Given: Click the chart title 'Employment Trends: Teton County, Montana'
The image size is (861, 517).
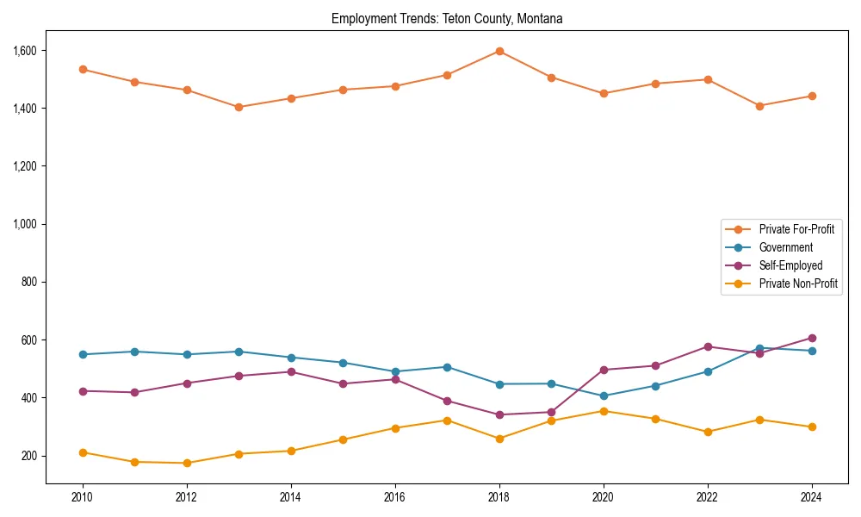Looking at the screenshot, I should click(447, 19).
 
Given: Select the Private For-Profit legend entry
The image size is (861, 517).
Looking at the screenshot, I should click(796, 229).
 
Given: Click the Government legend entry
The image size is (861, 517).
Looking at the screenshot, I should click(785, 247).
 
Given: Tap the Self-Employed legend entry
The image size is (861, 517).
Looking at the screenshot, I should click(790, 265).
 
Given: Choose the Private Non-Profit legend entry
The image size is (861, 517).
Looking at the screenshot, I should click(798, 283).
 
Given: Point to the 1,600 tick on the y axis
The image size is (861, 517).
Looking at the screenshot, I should click(25, 51).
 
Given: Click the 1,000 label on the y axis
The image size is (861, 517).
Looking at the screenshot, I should click(25, 224).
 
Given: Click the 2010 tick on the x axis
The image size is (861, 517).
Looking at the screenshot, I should click(83, 497).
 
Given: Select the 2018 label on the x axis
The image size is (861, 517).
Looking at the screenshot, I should click(499, 497).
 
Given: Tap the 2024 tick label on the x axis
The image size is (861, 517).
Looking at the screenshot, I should click(811, 497).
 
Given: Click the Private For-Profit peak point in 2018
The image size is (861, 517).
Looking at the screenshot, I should click(499, 51).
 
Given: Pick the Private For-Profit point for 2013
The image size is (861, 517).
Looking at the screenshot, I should click(238, 107).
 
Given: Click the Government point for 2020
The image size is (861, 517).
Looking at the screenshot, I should click(604, 396).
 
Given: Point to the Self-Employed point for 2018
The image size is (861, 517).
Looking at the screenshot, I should click(499, 414).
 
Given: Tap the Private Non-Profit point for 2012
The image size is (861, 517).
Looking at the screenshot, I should click(187, 463).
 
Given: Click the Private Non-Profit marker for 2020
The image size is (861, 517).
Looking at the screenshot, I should click(604, 411).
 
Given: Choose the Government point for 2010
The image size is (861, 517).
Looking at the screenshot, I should click(83, 354).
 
